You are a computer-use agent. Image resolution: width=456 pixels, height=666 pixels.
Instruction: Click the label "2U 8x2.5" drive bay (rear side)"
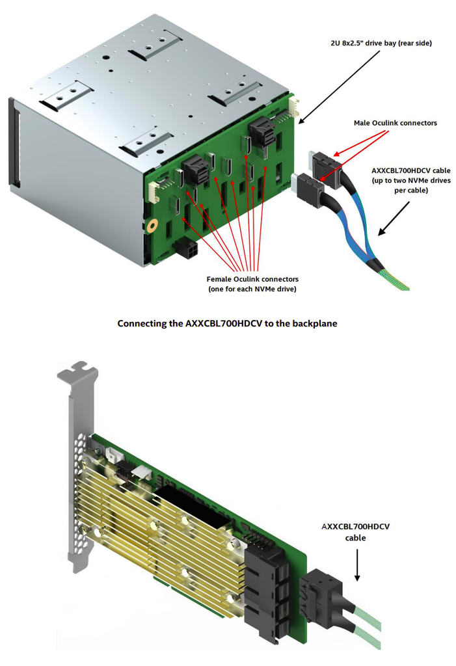[x=381, y=43]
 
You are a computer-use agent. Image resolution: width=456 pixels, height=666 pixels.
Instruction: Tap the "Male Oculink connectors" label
[x=396, y=123]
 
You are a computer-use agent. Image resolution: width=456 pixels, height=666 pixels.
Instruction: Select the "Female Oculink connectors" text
[x=252, y=279]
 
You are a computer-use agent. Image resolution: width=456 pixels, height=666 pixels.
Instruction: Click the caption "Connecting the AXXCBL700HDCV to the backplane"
[x=227, y=324]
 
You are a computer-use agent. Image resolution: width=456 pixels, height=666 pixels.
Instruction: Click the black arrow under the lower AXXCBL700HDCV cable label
[x=357, y=565]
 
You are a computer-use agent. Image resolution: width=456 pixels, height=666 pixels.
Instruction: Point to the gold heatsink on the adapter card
[x=157, y=535]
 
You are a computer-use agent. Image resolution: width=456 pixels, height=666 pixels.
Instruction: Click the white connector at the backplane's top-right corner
[x=293, y=109]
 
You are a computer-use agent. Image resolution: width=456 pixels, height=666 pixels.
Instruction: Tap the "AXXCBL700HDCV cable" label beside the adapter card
[x=355, y=532]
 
